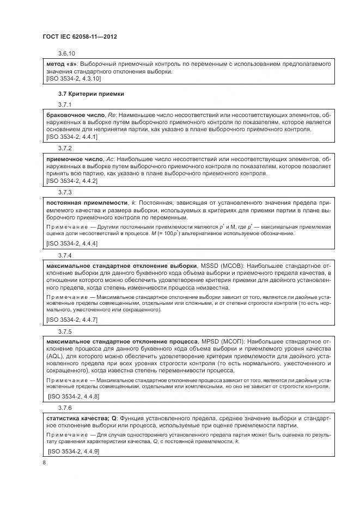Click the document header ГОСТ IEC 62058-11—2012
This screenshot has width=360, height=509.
click(80, 36)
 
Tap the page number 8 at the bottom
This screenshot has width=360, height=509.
click(44, 463)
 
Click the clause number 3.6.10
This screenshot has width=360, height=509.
click(66, 53)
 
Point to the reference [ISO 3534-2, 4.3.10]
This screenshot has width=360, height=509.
click(74, 79)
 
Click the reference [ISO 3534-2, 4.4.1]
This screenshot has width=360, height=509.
click(72, 137)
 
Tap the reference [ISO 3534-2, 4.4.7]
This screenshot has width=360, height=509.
click(72, 320)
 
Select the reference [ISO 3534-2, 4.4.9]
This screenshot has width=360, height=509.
click(74, 452)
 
